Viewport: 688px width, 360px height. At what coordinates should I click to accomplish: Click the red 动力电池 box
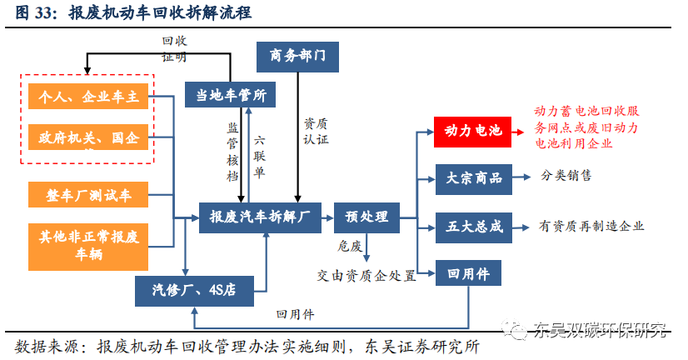coord(471,131)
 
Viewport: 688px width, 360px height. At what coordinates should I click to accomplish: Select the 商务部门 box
coord(297,57)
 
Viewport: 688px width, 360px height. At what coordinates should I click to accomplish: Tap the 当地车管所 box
coord(230,95)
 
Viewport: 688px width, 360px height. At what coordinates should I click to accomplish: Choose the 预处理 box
coord(366,217)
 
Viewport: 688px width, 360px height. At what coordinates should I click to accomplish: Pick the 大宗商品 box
coord(471,177)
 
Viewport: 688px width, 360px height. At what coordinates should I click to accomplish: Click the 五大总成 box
coord(471,226)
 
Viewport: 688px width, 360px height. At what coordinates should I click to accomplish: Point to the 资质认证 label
coord(315,129)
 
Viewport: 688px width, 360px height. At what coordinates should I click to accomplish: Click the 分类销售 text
coord(566,177)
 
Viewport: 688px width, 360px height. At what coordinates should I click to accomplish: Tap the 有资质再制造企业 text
coord(591,226)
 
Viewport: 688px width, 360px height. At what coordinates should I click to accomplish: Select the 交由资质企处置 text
coord(366,276)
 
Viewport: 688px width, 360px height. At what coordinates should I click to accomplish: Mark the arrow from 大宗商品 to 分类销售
coord(520,177)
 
